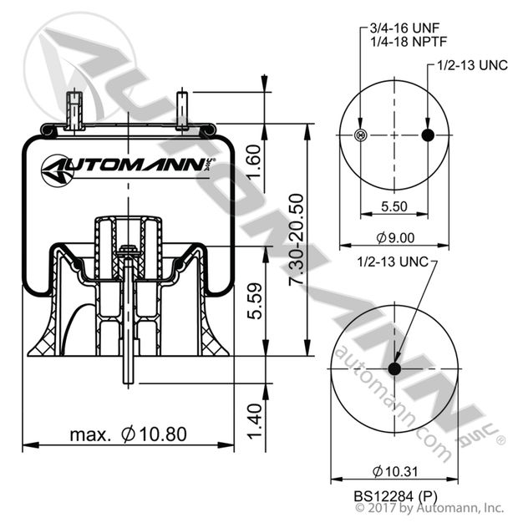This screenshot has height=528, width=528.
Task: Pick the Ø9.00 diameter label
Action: point(393,237)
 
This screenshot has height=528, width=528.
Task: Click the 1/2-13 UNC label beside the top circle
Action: point(468,65)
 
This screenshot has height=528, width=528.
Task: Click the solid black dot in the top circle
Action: point(429,136)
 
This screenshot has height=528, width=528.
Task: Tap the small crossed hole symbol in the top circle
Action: point(360,136)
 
